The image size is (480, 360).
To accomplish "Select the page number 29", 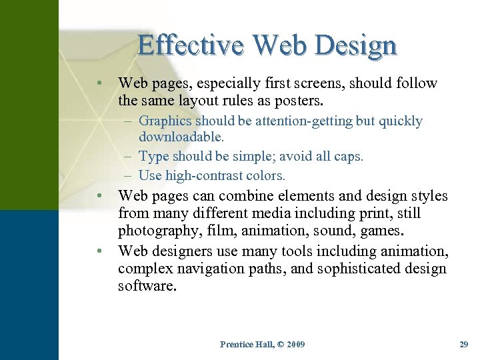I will point(464,344).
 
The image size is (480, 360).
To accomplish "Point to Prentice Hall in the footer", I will point(245,344).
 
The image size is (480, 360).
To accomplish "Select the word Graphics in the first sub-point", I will point(165,121).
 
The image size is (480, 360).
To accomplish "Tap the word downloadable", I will point(181,137).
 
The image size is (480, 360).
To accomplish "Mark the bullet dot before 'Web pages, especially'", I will point(98,84).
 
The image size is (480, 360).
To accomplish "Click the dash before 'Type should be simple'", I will point(127,157).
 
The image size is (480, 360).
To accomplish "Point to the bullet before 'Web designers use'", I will point(98,251).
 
